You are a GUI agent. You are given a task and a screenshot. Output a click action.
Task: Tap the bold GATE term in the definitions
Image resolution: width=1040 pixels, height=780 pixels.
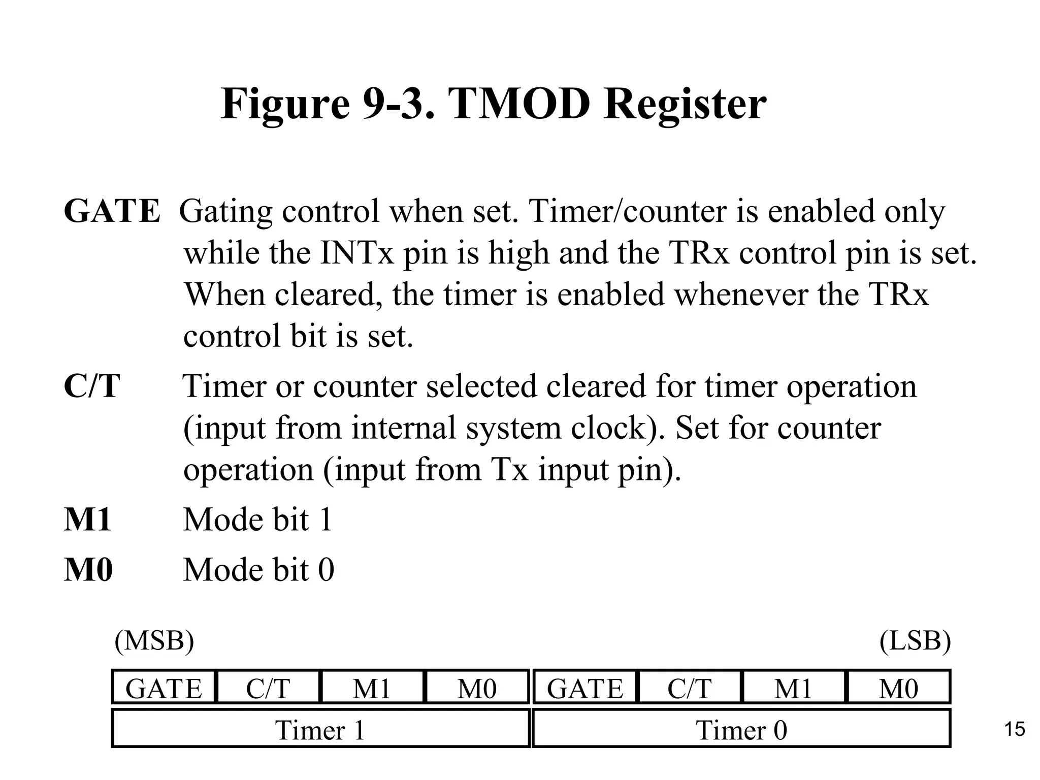point(112,211)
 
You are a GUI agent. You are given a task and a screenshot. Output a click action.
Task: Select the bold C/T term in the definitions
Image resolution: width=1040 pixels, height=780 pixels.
point(92,386)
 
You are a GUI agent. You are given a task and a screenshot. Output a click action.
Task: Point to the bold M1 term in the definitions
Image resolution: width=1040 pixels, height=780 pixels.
point(87,520)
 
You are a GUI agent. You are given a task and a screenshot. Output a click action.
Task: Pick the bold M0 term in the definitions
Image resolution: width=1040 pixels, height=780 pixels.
point(88,570)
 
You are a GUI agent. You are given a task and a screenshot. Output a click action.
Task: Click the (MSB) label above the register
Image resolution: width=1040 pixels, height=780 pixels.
point(154,641)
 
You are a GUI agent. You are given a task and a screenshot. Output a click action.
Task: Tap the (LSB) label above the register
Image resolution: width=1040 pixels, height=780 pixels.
point(915,641)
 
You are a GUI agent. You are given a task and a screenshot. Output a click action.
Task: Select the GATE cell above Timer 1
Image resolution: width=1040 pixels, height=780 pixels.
point(164,689)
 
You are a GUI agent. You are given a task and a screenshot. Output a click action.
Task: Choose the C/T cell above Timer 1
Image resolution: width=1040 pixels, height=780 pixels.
point(268,689)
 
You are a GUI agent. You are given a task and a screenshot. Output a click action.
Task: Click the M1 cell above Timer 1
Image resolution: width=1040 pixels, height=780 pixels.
point(372,689)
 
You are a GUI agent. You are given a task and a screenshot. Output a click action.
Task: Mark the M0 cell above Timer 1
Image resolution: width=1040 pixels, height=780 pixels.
point(477,689)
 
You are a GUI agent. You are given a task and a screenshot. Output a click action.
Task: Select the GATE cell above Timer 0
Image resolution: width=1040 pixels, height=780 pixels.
point(585,689)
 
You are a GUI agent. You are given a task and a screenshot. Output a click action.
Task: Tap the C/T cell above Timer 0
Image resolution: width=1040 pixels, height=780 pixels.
point(690,689)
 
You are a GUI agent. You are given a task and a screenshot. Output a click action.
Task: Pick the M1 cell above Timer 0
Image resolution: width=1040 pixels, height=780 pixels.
point(793,689)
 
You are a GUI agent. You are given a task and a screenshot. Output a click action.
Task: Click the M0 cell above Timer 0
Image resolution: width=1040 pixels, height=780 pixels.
point(898,689)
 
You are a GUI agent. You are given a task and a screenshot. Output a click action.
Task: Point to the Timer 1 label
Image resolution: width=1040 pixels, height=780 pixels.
point(320,730)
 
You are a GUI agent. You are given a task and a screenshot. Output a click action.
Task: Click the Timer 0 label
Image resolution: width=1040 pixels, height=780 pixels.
point(741,730)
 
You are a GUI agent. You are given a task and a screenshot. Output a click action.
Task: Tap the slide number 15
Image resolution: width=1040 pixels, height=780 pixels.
point(1015,730)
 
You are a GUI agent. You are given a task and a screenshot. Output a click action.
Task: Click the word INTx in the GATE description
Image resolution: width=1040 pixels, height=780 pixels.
point(357,253)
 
